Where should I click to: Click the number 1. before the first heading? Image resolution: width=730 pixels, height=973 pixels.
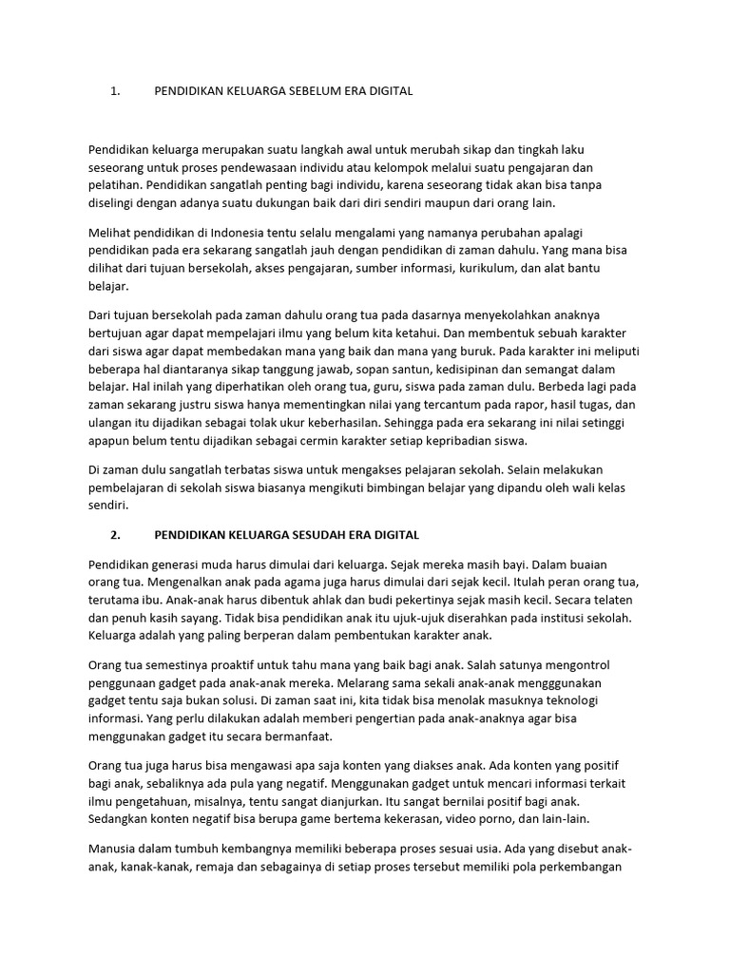(115, 91)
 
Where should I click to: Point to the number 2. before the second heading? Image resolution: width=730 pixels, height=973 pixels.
(115, 535)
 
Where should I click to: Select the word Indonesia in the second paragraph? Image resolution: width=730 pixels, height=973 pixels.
(240, 231)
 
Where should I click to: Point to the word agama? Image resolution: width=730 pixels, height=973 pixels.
(263, 582)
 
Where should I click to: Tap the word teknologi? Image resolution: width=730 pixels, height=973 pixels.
(583, 701)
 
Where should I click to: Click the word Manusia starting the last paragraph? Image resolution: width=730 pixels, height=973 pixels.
(114, 849)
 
